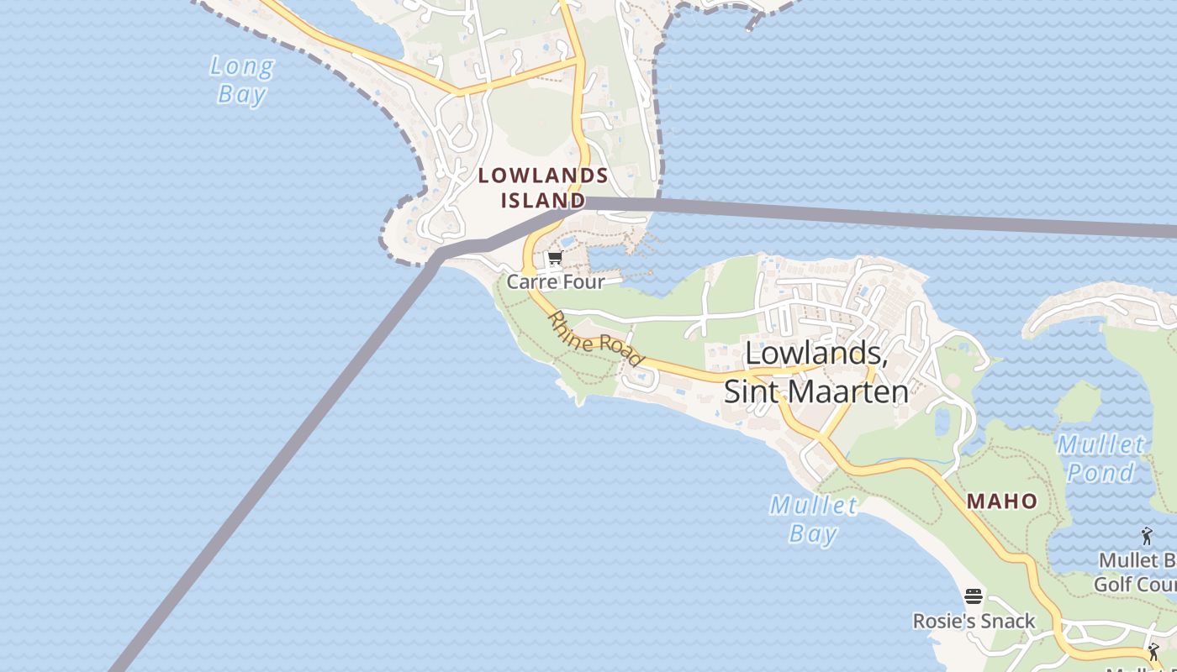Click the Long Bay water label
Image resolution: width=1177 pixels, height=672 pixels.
point(241,80)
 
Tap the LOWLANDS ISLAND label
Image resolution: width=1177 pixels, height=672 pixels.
point(543,187)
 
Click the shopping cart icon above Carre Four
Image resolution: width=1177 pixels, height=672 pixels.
point(554,259)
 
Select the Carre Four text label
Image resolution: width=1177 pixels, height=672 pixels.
point(556,281)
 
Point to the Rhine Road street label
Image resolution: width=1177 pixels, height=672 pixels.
point(595,339)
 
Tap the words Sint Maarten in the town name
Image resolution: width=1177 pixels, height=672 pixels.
point(816,391)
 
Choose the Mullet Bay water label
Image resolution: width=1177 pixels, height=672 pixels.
point(814,518)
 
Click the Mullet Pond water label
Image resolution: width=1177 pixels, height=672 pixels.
point(1101,458)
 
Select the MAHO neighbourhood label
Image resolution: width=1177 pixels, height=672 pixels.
point(1002,501)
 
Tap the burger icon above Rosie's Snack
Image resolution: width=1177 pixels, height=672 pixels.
point(974,597)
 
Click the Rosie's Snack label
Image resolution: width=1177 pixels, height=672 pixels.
point(974,621)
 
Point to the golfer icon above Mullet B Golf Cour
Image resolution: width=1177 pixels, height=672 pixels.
point(1147,535)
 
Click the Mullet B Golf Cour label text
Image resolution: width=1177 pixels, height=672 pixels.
point(1135,572)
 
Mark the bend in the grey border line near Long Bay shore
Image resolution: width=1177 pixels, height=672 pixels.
point(437,251)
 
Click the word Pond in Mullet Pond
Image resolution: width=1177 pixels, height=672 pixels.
point(1101,472)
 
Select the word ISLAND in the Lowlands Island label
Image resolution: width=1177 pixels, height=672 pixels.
point(543,201)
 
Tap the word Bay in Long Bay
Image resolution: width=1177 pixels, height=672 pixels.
point(241,93)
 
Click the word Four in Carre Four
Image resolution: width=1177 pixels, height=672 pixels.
point(583,281)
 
